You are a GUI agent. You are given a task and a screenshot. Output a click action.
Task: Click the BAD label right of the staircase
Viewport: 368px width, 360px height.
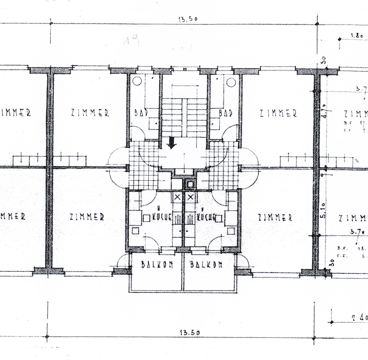[x=226, y=113]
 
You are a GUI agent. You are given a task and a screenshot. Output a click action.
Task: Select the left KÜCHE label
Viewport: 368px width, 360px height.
[x=161, y=216]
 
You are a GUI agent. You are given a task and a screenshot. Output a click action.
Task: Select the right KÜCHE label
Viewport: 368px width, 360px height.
[x=206, y=216]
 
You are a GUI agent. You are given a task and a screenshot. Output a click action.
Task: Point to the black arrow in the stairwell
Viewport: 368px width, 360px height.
[x=171, y=142]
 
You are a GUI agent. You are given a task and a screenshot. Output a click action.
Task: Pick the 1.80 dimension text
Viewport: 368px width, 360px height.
[x=357, y=36]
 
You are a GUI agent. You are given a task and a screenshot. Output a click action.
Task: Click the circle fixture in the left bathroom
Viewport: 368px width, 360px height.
[x=137, y=81]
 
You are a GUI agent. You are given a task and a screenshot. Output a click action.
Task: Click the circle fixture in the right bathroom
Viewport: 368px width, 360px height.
[x=231, y=81]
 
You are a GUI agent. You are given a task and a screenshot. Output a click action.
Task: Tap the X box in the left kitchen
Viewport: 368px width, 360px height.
[x=177, y=197]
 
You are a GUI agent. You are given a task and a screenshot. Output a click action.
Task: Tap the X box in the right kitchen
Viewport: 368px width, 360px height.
[x=190, y=197]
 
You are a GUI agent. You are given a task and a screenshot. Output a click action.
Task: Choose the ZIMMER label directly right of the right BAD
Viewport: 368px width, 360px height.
[x=278, y=112]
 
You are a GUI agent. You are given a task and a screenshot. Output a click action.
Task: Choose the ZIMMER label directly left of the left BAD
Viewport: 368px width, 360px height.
[x=89, y=112]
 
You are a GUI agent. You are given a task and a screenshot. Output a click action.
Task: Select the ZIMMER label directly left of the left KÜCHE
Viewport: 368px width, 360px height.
[x=86, y=216]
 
